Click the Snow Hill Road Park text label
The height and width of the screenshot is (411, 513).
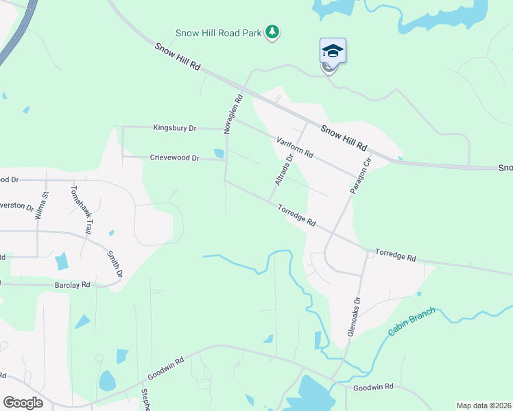(219, 32)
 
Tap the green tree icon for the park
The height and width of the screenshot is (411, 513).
(273, 32)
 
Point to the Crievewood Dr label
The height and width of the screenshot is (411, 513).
(174, 158)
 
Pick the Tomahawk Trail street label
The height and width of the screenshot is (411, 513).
(77, 212)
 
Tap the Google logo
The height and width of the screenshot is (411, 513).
(23, 403)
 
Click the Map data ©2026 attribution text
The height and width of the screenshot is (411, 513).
(484, 406)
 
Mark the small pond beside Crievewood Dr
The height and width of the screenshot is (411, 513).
(219, 153)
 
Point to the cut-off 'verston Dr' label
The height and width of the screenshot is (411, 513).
(16, 206)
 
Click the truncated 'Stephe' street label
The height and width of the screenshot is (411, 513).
(145, 399)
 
